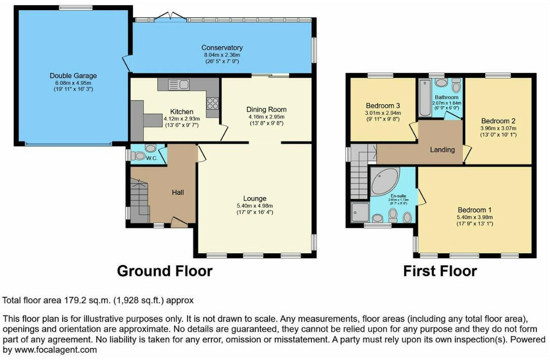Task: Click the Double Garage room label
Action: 73,76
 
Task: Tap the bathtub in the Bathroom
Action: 424,97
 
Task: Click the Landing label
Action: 442,150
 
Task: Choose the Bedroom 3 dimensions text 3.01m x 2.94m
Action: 383,113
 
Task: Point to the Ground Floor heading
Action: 164,271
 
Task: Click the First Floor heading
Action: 439,271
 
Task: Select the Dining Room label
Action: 266,109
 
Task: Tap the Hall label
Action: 177,193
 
